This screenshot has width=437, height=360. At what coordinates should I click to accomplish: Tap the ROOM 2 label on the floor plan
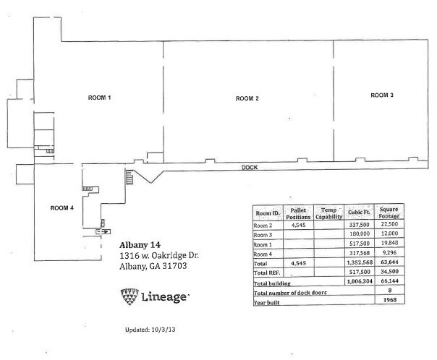coord(247,98)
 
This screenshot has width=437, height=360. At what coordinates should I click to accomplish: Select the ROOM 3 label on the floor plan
coord(381,95)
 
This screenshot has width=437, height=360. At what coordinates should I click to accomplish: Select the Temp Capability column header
coord(330,213)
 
